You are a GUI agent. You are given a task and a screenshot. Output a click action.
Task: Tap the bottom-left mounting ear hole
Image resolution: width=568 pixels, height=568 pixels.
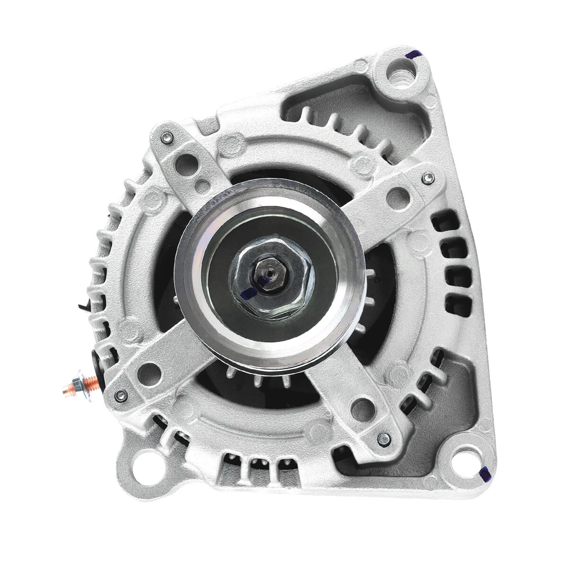tap(144, 463)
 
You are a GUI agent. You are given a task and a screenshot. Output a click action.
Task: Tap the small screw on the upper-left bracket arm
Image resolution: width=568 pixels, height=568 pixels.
tap(167, 138)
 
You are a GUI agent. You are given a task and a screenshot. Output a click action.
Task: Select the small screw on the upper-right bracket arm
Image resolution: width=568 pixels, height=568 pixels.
tap(428, 177)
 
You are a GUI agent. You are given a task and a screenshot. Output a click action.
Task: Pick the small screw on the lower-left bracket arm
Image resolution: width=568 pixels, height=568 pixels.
tap(121, 395)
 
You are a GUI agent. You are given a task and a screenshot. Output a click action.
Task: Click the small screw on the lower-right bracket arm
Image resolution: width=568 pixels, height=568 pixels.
tap(383, 439)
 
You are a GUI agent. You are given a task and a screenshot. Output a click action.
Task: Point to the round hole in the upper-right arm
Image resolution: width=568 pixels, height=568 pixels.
tap(398, 198)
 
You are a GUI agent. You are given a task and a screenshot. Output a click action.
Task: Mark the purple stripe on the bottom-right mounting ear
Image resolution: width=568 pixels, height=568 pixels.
tap(485, 473)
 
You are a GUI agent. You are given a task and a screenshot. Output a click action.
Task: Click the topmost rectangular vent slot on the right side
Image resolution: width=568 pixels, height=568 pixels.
tap(445, 221)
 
